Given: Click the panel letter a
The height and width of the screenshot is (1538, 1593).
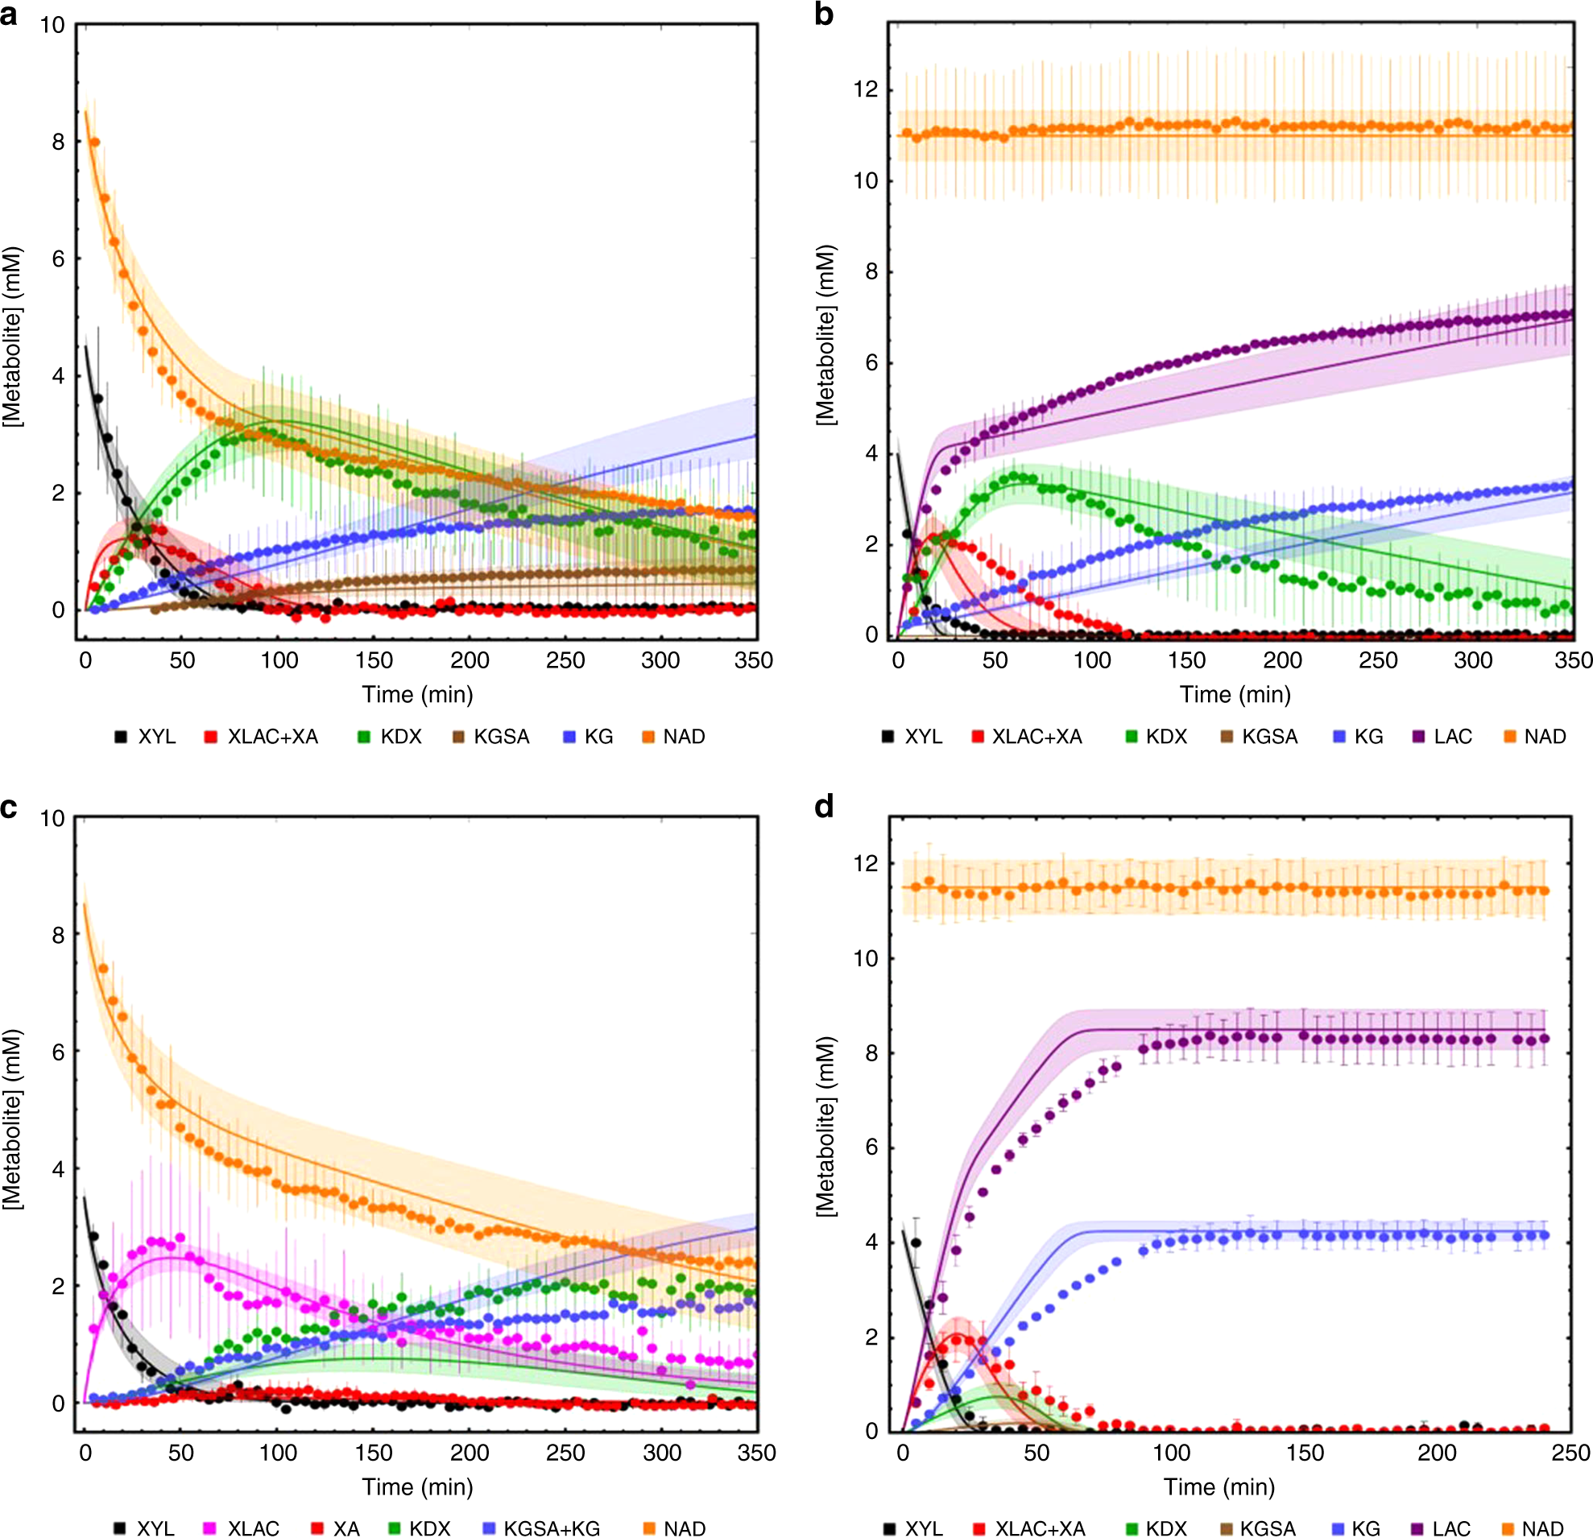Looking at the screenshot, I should click(9, 14).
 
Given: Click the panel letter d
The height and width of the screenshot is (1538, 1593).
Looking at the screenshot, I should click(824, 807).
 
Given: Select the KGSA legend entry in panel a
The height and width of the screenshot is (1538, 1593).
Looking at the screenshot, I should click(491, 737).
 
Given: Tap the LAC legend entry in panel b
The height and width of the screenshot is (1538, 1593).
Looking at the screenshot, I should click(1442, 737).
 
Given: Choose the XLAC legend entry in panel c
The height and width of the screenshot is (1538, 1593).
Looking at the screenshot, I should click(242, 1528).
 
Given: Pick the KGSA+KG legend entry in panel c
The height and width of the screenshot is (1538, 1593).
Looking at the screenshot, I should click(541, 1528).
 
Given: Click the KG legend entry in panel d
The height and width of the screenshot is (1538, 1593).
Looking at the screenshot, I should click(1356, 1528).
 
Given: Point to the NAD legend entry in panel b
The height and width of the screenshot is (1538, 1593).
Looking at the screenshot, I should click(1535, 737).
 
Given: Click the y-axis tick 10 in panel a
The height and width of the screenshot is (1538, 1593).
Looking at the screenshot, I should click(52, 25).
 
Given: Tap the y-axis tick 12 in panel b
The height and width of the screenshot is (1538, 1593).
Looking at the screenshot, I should click(867, 89).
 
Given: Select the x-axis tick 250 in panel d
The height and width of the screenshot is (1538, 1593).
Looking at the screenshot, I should click(1570, 1452).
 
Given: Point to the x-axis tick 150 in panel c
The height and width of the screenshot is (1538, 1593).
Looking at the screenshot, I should click(373, 1452).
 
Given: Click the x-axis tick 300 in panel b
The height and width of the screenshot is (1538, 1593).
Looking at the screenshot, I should click(1473, 659).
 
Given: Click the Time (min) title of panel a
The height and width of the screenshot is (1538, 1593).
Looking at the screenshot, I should click(417, 695).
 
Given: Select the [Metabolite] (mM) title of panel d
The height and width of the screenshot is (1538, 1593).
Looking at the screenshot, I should click(825, 1126).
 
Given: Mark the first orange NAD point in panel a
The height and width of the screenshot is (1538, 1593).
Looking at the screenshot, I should click(94, 143).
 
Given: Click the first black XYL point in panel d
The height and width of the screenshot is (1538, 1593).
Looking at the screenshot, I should click(916, 1242).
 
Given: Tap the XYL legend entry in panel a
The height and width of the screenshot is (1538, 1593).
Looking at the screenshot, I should click(146, 737).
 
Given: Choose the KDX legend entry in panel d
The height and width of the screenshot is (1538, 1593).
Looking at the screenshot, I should click(1156, 1528).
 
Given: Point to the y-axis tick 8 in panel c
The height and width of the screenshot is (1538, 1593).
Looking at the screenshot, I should click(58, 935).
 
